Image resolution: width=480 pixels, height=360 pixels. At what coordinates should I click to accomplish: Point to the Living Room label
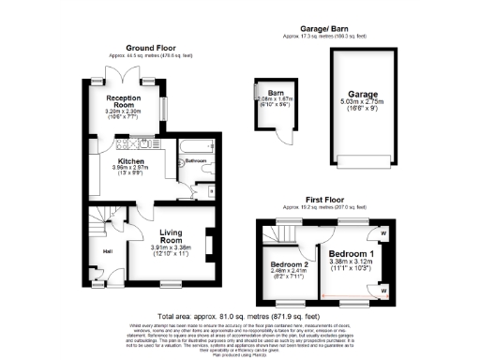(x=170, y=238)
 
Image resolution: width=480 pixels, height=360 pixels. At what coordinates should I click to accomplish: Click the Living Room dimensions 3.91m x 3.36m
(x=170, y=248)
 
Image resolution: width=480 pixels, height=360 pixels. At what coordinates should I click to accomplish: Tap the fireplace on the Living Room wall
(x=208, y=245)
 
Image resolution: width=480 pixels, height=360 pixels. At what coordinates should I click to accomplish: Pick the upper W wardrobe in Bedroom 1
(x=384, y=234)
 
